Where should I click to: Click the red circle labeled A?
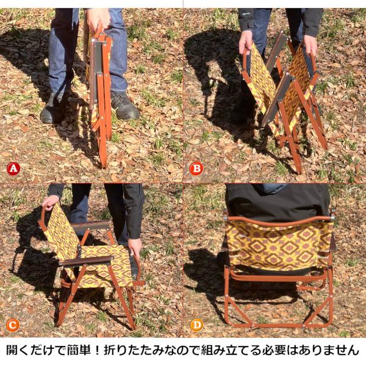coord(13,168)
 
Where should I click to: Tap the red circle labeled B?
coord(196,168)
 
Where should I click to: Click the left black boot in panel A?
coord(54,109)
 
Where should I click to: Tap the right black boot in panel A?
coord(124,106)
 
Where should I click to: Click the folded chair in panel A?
coord(99,91)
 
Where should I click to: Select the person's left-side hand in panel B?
coord(245,41)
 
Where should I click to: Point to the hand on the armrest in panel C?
coord(135,246)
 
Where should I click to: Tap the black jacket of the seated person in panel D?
coord(278,201)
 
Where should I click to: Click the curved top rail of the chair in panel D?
coord(278,221)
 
